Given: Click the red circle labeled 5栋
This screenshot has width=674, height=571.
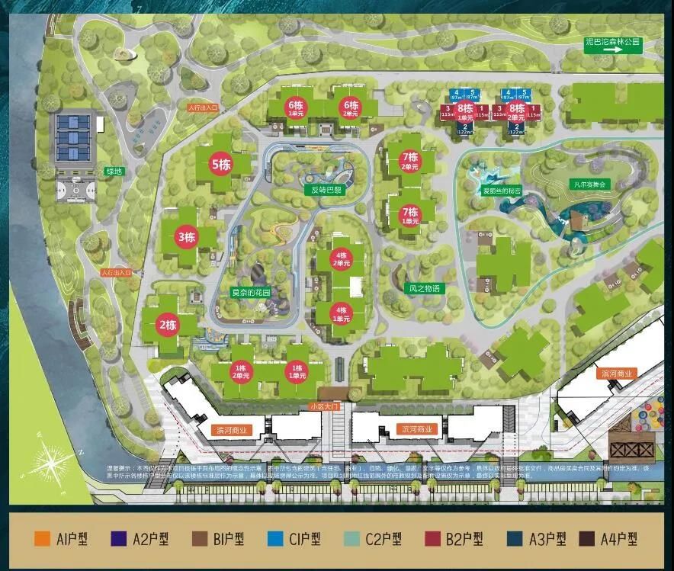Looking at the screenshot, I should [221, 163].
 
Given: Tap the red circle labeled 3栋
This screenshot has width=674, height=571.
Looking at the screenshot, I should [187, 236].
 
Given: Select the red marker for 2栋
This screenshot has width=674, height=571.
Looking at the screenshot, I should [167, 324].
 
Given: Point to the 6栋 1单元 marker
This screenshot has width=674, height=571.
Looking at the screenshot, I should [296, 107].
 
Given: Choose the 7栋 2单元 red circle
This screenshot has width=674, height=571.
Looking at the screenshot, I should [410, 161].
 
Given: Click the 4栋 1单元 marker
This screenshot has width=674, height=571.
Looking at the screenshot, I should [341, 313].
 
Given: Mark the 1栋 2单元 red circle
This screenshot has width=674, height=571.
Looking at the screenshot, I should [242, 371].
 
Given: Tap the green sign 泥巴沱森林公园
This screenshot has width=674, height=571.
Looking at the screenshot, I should [613, 43].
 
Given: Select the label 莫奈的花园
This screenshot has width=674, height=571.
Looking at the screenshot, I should [251, 291].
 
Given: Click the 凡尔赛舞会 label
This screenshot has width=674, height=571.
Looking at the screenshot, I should [592, 184].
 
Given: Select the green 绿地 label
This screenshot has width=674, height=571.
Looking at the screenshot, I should [114, 172].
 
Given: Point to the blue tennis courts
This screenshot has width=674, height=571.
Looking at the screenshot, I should [74, 138].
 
